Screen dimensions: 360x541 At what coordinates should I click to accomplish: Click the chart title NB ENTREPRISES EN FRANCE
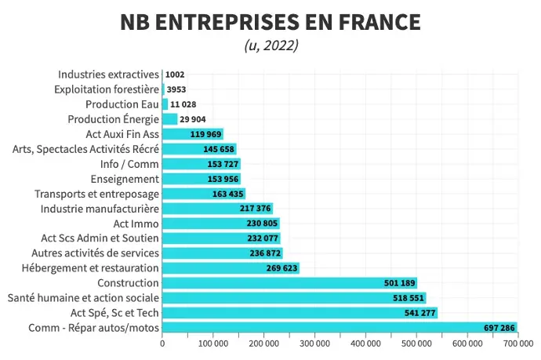[270, 22]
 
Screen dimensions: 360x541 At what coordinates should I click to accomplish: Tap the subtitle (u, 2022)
[270, 45]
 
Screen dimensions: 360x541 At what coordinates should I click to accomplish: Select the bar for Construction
[289, 283]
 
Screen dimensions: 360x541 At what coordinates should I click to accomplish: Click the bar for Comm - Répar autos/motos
[339, 328]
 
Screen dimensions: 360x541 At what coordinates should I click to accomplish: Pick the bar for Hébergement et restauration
[231, 268]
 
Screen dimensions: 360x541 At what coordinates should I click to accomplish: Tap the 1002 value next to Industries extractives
[175, 75]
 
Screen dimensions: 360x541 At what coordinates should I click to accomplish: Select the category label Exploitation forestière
[107, 89]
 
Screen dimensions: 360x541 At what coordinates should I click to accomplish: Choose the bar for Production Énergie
[170, 119]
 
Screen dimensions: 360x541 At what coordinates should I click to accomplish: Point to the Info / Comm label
[130, 164]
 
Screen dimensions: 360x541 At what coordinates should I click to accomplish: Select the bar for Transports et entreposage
[203, 194]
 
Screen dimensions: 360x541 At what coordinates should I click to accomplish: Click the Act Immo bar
[220, 224]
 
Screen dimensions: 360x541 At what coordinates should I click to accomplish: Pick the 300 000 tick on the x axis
[314, 344]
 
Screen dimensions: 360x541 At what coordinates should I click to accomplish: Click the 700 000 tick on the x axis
[516, 344]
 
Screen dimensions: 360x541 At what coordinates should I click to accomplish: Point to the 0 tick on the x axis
[162, 344]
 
